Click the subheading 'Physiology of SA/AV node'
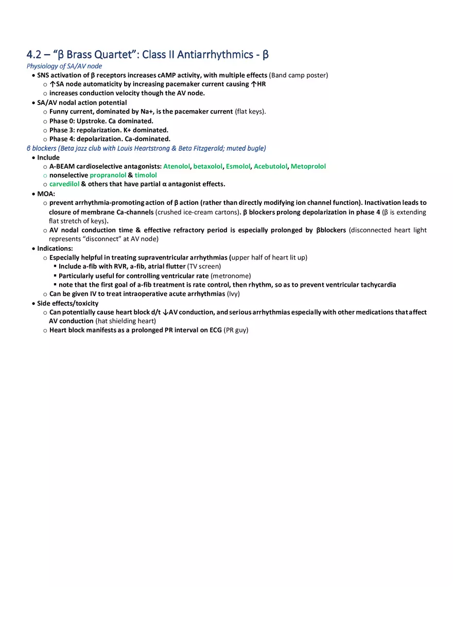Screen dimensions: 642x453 (x=64, y=66)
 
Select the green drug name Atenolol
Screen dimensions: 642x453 (x=177, y=166)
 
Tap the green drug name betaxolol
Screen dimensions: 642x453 (x=208, y=166)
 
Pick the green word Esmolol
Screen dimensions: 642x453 (x=238, y=166)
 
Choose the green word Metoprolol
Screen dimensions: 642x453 (x=308, y=166)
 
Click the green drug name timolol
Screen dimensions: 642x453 (x=146, y=175)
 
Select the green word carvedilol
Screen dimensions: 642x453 (x=64, y=184)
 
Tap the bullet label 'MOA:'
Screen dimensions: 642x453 (x=46, y=194)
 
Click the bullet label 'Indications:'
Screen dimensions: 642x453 (x=55, y=248)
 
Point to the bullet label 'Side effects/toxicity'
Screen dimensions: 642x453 (x=67, y=303)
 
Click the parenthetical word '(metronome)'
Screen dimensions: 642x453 (x=231, y=275)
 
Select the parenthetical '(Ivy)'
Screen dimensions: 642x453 (x=233, y=294)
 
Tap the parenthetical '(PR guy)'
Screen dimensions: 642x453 (x=236, y=330)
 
